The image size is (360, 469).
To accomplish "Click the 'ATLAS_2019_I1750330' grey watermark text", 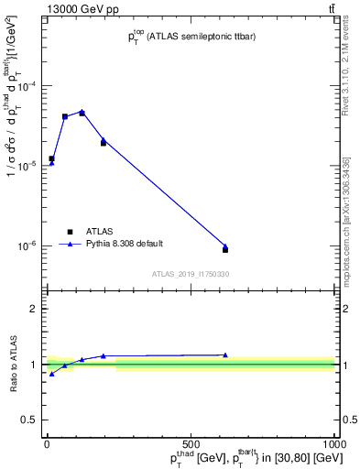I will [x=191, y=274].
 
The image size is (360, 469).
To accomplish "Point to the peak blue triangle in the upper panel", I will [x=82, y=112].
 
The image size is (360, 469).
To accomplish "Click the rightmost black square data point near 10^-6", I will [x=225, y=249].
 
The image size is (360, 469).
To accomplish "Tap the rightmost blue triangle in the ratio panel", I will [x=225, y=355].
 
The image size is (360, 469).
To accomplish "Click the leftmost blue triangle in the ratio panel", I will [x=51, y=374].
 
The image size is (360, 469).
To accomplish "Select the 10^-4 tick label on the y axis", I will [x=27, y=86].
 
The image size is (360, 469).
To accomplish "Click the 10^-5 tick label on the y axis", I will [x=27, y=166].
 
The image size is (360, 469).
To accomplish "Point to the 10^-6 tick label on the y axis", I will [x=27, y=245].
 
